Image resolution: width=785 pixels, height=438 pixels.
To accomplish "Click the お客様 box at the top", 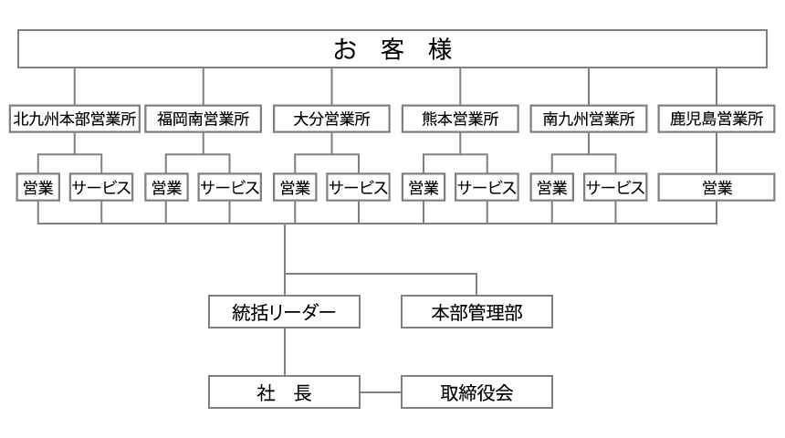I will click(x=392, y=49).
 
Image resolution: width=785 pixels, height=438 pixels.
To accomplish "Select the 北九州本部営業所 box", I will click(x=75, y=119).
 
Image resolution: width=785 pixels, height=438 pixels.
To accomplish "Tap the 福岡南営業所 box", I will click(x=204, y=119).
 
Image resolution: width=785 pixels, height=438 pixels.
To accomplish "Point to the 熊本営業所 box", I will click(x=460, y=119).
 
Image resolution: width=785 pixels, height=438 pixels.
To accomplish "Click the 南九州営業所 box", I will click(x=589, y=119).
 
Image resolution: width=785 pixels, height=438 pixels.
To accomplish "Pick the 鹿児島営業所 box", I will click(x=717, y=119).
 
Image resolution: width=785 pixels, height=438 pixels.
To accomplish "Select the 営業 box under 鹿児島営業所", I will click(x=717, y=188).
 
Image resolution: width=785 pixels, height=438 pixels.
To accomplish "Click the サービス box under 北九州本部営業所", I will click(x=101, y=188).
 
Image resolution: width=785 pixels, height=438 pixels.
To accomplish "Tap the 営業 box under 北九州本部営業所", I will click(x=38, y=188).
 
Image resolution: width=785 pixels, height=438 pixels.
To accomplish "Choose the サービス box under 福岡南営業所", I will click(x=230, y=188).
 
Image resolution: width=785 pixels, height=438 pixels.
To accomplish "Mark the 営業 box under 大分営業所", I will click(x=295, y=188).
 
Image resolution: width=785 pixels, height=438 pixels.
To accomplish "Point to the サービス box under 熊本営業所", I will click(x=487, y=188).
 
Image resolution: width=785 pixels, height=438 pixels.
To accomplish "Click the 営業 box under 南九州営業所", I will click(x=551, y=188).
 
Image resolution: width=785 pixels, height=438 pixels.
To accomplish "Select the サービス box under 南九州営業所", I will click(x=615, y=188).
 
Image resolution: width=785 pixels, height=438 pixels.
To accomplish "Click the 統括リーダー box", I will click(x=284, y=312).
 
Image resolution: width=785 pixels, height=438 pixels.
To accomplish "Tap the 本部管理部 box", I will click(x=476, y=312).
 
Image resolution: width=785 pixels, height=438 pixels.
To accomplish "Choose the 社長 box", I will click(x=284, y=392).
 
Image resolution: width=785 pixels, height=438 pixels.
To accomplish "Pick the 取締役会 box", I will click(x=476, y=392).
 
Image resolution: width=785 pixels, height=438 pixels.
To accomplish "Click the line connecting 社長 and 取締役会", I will click(x=380, y=392).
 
